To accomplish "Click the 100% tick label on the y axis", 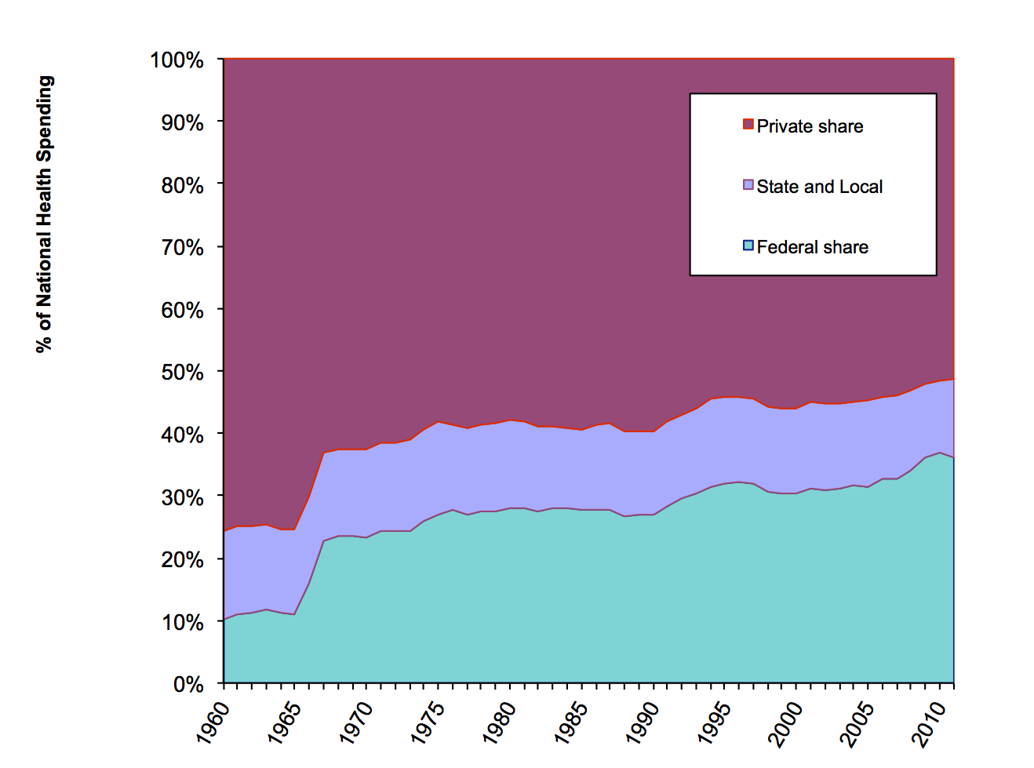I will click(177, 60).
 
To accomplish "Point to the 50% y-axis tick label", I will click(182, 373).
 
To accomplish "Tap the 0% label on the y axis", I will click(188, 685).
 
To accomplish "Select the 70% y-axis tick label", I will click(182, 248).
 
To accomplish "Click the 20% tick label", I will click(182, 560).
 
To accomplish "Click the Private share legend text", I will click(810, 126).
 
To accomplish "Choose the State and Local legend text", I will click(820, 187).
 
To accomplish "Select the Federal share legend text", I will click(812, 247).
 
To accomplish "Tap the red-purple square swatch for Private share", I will click(748, 124).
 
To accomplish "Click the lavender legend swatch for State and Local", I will click(748, 184).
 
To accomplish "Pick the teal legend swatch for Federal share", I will click(748, 246).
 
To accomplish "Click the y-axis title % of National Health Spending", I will click(45, 213).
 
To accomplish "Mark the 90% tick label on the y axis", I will click(182, 123).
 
